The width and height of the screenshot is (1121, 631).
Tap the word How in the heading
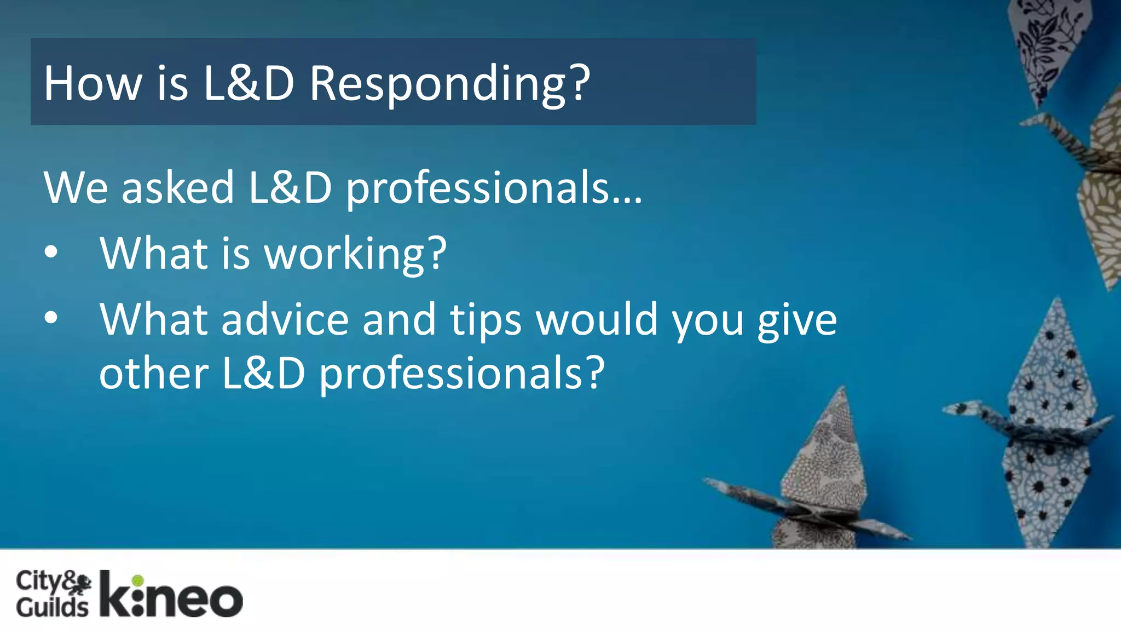93,84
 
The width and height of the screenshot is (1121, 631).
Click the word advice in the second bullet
285,320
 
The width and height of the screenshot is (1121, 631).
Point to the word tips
486,320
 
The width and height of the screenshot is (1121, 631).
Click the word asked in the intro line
177,188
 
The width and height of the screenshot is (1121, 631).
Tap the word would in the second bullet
596,320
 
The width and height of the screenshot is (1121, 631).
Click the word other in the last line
154,374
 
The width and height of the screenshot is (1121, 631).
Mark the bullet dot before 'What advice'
51,318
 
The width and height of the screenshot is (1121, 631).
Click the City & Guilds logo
53,594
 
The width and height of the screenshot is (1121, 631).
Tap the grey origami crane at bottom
821,482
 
